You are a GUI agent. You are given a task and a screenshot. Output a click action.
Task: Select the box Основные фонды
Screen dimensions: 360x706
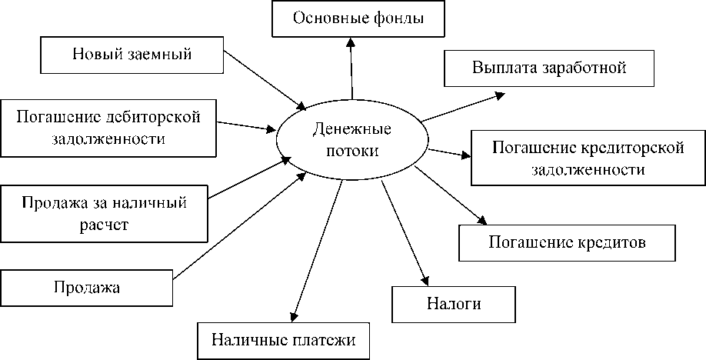coord(358,18)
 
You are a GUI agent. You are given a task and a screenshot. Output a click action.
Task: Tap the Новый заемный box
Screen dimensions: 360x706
coord(132,54)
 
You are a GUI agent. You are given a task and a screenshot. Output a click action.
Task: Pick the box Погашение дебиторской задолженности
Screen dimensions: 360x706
coord(108,128)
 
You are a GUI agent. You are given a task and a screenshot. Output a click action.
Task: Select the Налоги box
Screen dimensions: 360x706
coord(454,303)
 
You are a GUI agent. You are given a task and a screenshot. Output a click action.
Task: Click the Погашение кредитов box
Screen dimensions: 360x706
coord(567,243)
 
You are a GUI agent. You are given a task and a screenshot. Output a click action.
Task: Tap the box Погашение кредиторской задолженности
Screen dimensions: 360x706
coord(588,158)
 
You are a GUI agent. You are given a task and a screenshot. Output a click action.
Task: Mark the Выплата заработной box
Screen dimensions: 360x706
coord(549,67)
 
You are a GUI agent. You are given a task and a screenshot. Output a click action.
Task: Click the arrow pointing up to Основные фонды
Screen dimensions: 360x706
coord(351,69)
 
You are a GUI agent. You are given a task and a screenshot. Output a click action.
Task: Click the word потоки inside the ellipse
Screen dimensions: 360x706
coord(351,151)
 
